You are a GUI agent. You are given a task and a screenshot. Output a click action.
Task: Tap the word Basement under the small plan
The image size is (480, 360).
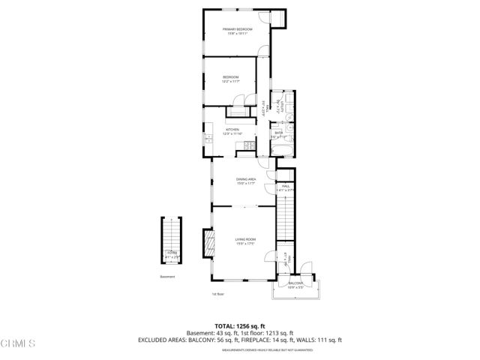point(167,277)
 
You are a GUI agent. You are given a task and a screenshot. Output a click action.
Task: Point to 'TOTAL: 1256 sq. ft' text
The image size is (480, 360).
point(239,325)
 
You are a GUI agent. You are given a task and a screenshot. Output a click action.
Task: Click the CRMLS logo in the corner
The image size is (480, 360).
point(18,343)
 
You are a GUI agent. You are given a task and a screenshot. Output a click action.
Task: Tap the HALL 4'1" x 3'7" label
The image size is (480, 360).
point(286,188)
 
